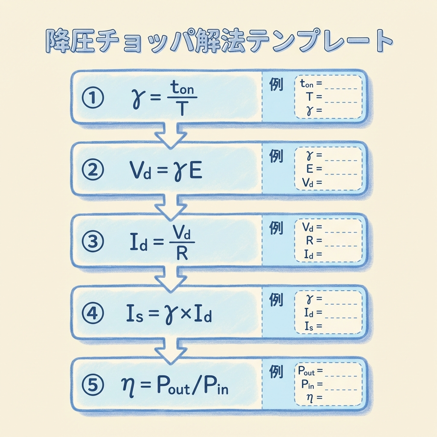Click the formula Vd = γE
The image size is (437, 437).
coord(166,171)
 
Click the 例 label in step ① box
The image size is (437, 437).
coord(276,85)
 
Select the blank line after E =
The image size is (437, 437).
coord(341,173)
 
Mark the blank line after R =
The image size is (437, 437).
coord(341,245)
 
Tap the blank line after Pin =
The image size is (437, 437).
coord(341,388)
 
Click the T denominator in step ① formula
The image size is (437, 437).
coord(182,109)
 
